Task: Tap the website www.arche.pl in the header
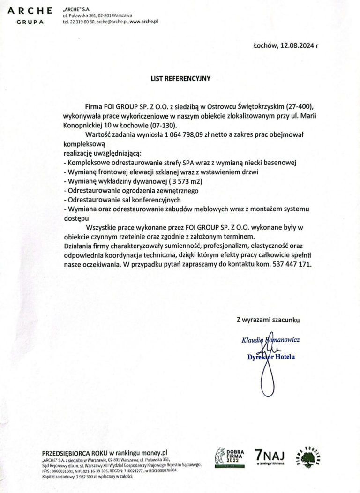click(144, 22)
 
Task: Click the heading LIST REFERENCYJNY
click(180, 78)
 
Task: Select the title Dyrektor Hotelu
click(271, 357)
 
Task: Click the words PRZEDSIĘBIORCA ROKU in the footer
click(75, 453)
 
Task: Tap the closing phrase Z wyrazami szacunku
click(268, 320)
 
